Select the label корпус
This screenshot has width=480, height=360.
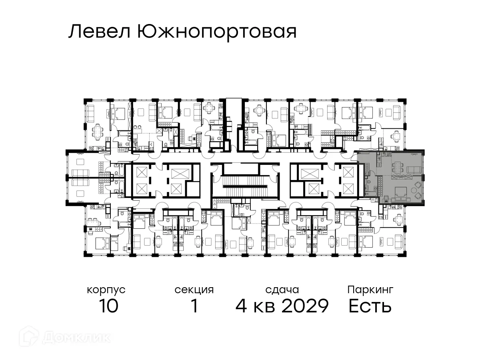tap(106, 290)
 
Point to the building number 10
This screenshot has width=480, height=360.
tap(108, 306)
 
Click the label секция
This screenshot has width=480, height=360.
tap(194, 290)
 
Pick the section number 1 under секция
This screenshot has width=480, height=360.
tap(194, 306)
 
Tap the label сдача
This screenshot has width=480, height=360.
tap(282, 290)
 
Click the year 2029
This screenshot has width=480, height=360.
tap(305, 306)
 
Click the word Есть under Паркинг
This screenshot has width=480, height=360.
tap(370, 306)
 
